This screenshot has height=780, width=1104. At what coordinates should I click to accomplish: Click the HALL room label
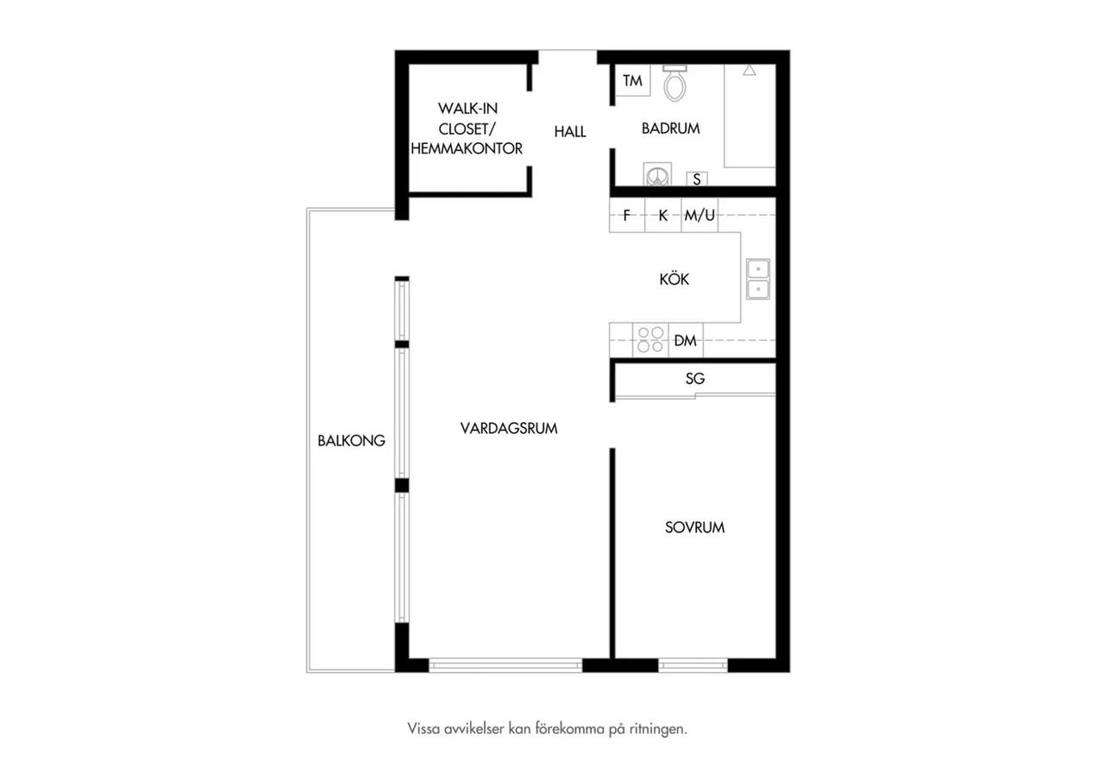click(570, 132)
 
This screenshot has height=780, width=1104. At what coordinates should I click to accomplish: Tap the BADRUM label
click(671, 129)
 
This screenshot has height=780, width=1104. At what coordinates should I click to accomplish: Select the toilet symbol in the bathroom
click(674, 84)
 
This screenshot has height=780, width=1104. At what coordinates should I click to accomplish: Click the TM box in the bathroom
click(632, 80)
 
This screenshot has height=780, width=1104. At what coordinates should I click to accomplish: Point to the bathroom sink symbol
click(657, 174)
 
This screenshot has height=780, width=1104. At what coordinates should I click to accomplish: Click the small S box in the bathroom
click(697, 179)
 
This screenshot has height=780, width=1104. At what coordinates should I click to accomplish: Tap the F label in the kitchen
click(627, 216)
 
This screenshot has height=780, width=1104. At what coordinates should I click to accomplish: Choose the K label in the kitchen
click(663, 216)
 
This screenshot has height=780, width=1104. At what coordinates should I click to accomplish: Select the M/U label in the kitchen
click(699, 216)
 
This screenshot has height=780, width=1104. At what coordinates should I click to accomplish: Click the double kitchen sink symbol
click(758, 279)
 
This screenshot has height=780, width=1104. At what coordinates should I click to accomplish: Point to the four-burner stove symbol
click(650, 340)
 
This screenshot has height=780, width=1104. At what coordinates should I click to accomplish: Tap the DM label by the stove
click(686, 341)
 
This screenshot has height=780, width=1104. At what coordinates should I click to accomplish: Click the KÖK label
click(674, 279)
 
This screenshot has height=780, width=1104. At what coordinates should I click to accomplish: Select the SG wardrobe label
click(695, 379)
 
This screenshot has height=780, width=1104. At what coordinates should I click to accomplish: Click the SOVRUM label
click(695, 527)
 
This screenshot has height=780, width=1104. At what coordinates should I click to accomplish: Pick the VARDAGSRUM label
click(509, 429)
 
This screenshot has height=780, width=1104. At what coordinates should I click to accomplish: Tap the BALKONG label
click(351, 441)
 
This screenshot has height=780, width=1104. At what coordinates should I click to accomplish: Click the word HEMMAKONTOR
click(467, 148)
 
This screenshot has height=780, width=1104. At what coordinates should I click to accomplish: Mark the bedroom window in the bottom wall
click(693, 665)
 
